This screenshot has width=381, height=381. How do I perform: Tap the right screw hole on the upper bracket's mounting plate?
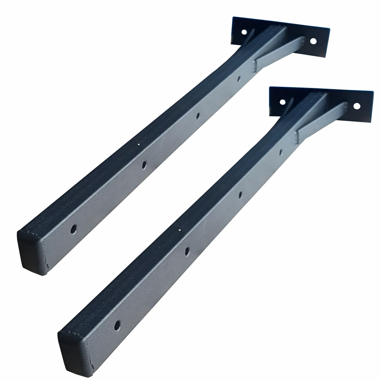313,40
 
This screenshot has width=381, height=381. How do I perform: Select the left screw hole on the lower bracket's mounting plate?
282,102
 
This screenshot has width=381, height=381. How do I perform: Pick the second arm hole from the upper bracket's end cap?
144,164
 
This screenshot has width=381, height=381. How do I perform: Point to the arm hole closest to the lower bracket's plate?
281,153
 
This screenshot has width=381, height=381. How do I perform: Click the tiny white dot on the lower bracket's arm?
179,230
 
